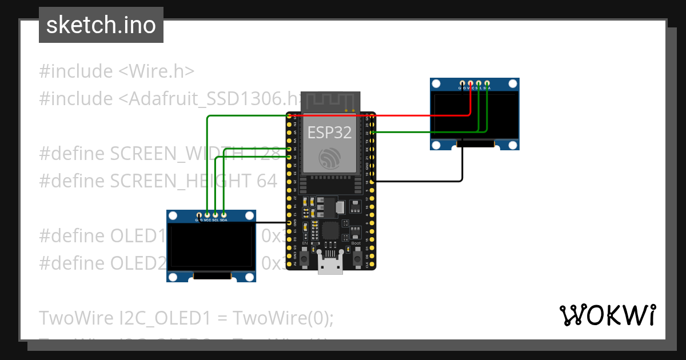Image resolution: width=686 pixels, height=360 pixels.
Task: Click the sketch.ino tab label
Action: [x=101, y=25]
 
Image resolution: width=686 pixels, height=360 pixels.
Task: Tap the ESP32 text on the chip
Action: [x=329, y=133]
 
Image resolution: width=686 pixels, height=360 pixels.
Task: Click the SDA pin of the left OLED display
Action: [x=224, y=214]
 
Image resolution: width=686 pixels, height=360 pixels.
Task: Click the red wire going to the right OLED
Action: [x=400, y=115]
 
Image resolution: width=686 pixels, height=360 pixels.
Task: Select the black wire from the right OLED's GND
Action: [x=434, y=182]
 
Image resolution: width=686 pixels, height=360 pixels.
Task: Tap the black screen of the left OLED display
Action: [x=211, y=246]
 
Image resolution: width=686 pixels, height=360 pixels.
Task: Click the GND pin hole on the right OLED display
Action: [x=461, y=83]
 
